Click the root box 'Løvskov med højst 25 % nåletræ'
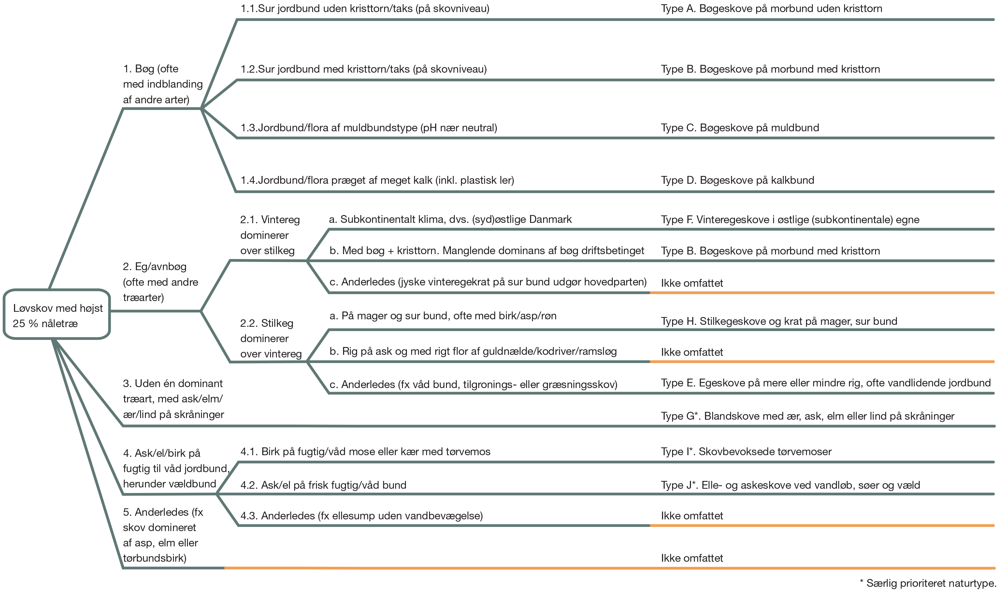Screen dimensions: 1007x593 tap(57, 314)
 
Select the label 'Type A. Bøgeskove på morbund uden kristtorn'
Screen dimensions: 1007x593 tap(772, 9)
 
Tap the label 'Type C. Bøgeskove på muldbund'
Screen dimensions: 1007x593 tap(740, 128)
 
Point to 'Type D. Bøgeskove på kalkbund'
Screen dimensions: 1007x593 tap(738, 180)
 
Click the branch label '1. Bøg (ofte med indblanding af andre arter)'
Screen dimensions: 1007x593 tap(163, 84)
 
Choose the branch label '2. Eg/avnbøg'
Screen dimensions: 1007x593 tap(161, 282)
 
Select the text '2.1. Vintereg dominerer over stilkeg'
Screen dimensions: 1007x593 tap(270, 235)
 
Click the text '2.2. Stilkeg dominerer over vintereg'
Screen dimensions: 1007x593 tap(271, 339)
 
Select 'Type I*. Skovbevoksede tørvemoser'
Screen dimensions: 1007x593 tap(746, 452)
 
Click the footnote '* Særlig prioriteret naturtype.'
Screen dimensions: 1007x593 tap(928, 584)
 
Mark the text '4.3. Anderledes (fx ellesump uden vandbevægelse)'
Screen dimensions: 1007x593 tap(362, 516)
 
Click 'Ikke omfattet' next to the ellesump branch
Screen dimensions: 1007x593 tap(692, 516)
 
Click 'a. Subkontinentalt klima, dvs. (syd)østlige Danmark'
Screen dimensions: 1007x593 tap(450, 219)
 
